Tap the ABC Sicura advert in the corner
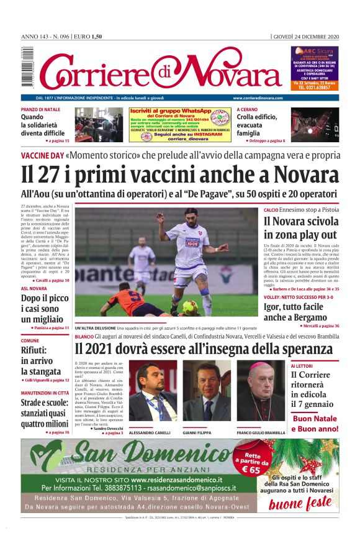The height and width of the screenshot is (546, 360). coord(315,68)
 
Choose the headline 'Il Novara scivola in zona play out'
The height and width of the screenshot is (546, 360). coord(300,228)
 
